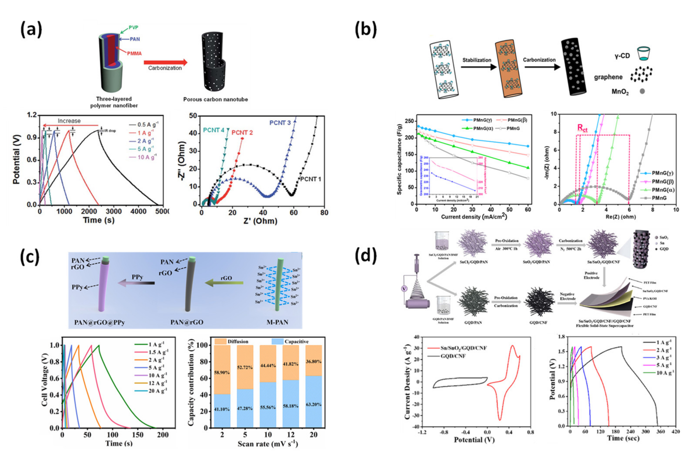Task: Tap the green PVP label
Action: pos(133,27)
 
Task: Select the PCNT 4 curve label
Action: pos(214,130)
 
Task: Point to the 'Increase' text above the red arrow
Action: pos(69,121)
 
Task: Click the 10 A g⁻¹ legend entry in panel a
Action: pos(143,157)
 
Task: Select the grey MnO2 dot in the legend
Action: pos(642,91)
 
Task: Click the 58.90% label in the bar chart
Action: pos(222,373)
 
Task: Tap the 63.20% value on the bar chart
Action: pos(314,405)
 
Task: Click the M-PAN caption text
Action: pos(277,322)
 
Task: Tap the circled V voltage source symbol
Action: pos(404,288)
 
